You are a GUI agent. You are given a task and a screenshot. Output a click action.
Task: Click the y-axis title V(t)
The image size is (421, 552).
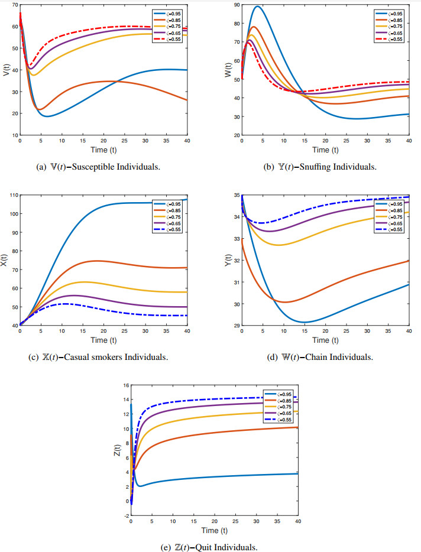(6, 70)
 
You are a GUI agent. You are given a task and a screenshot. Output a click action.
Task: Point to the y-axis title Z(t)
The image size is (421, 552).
(118, 450)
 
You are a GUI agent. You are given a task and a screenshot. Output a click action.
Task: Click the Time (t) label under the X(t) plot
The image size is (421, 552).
(99, 340)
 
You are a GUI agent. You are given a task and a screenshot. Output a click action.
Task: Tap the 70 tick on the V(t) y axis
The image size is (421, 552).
(14, 5)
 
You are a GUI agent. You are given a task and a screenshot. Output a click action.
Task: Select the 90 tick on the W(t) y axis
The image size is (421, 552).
(235, 5)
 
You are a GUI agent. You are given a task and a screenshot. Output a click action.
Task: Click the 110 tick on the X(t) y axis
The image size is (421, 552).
(12, 195)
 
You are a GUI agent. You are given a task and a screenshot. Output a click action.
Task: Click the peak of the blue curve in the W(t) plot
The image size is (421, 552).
(257, 7)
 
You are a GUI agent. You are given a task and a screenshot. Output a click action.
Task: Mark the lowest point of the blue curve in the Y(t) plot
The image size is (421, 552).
(304, 322)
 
